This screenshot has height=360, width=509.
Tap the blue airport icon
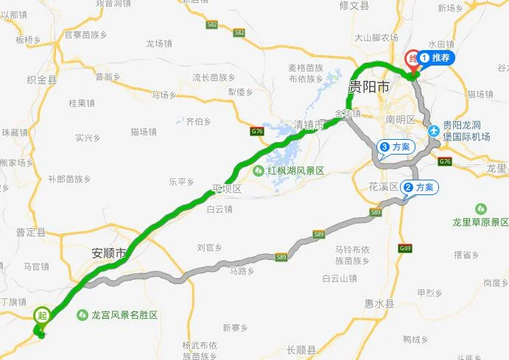click(x=434, y=131)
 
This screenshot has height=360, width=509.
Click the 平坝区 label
click(x=227, y=188)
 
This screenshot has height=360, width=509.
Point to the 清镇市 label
click(x=309, y=125)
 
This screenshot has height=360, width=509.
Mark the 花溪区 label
click(x=383, y=186)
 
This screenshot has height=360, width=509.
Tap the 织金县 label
click(x=41, y=80)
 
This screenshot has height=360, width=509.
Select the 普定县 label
click(x=30, y=232)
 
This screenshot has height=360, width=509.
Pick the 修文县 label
click(x=354, y=5)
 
